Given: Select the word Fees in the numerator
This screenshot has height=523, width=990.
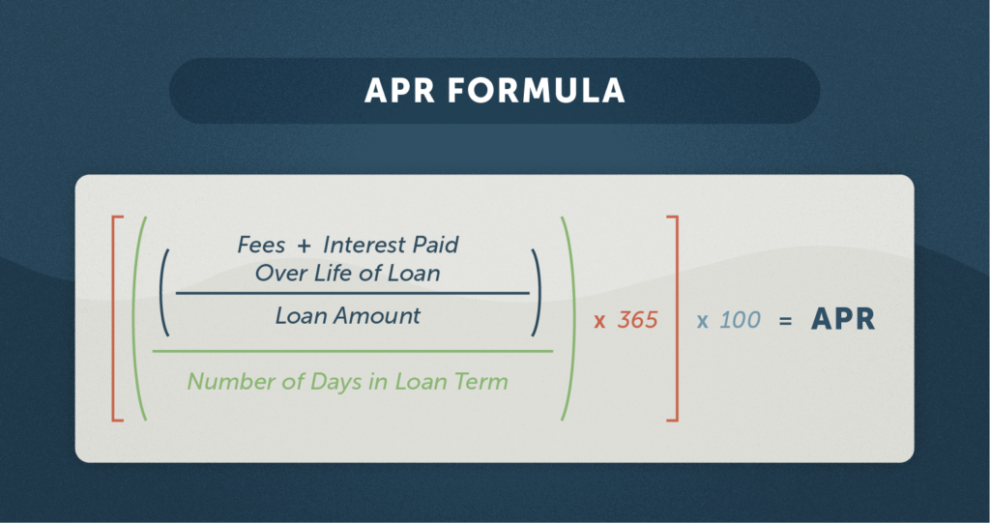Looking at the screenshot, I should click(261, 245).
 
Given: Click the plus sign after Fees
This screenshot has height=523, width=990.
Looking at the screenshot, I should click(305, 246).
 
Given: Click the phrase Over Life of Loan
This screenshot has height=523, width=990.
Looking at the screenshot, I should click(347, 273).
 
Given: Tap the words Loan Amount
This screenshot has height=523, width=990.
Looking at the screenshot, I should click(347, 315).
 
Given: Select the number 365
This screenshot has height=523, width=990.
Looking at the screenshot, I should click(637, 320).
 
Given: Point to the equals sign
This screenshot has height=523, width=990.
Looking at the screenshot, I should click(786, 320).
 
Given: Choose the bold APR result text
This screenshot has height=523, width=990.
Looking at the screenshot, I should click(843, 320).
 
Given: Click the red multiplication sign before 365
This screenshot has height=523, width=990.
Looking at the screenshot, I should click(599, 321).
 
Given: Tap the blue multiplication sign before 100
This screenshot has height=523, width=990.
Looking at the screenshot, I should click(702, 321).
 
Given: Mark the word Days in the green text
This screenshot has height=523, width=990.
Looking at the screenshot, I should click(326, 381).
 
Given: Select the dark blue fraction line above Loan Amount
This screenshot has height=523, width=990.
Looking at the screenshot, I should click(353, 293).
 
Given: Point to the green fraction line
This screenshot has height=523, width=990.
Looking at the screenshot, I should click(353, 351).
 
